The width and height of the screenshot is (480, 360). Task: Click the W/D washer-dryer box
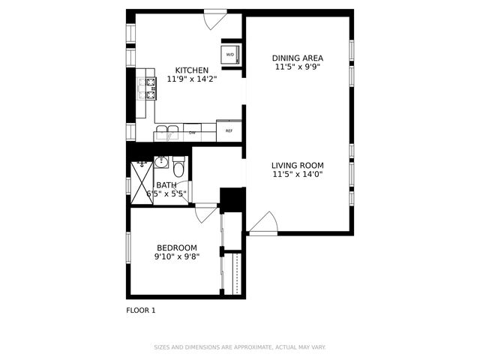(230, 55)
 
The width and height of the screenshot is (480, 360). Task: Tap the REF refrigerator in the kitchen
(229, 131)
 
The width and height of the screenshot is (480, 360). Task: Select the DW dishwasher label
(192, 133)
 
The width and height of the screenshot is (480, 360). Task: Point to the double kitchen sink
(169, 132)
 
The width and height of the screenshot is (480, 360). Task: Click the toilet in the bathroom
(178, 164)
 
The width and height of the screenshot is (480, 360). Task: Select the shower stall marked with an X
(142, 182)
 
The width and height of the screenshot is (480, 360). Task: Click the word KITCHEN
(191, 70)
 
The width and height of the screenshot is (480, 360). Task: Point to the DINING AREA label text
(297, 57)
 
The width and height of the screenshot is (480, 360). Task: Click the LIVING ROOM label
(297, 165)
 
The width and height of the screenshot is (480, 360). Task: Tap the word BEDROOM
(176, 247)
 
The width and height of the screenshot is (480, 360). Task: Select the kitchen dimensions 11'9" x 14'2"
(191, 79)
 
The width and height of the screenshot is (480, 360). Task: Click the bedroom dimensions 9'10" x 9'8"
(176, 256)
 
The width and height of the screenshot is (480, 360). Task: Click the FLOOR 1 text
(140, 309)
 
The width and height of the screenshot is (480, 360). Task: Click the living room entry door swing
(265, 223)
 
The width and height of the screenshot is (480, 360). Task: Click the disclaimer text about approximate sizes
(240, 347)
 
